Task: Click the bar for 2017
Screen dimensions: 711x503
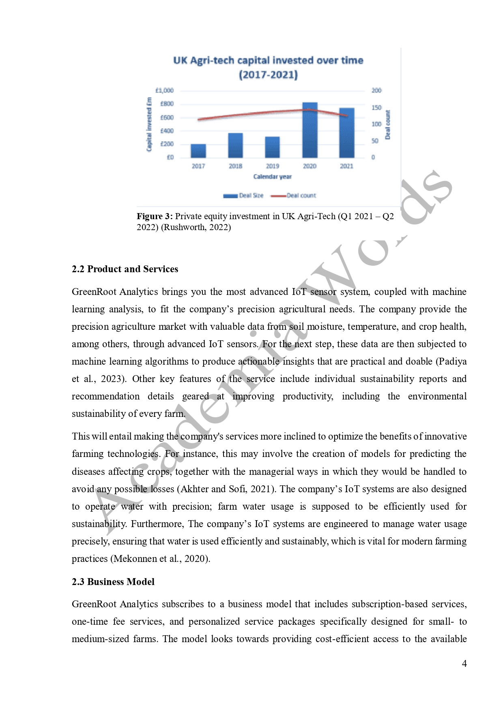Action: coord(198,151)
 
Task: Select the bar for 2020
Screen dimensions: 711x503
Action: coord(310,130)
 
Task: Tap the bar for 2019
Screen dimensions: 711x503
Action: coord(272,147)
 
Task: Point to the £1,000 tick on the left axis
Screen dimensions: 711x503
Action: coord(164,90)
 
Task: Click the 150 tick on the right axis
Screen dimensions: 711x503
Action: coord(376,107)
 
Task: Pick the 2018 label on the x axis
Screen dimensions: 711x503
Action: coord(235,166)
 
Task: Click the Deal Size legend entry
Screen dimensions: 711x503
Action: coord(244,196)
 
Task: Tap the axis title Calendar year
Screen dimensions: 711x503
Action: coord(272,177)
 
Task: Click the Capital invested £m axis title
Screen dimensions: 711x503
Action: coord(149,124)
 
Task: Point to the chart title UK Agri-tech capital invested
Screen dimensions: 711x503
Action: coord(268,60)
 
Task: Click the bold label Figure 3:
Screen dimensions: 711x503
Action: coord(155,216)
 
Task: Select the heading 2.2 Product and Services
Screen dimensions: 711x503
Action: coord(125,269)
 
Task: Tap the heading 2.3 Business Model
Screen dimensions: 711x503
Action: coord(113,582)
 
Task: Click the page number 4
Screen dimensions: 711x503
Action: coord(464,664)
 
